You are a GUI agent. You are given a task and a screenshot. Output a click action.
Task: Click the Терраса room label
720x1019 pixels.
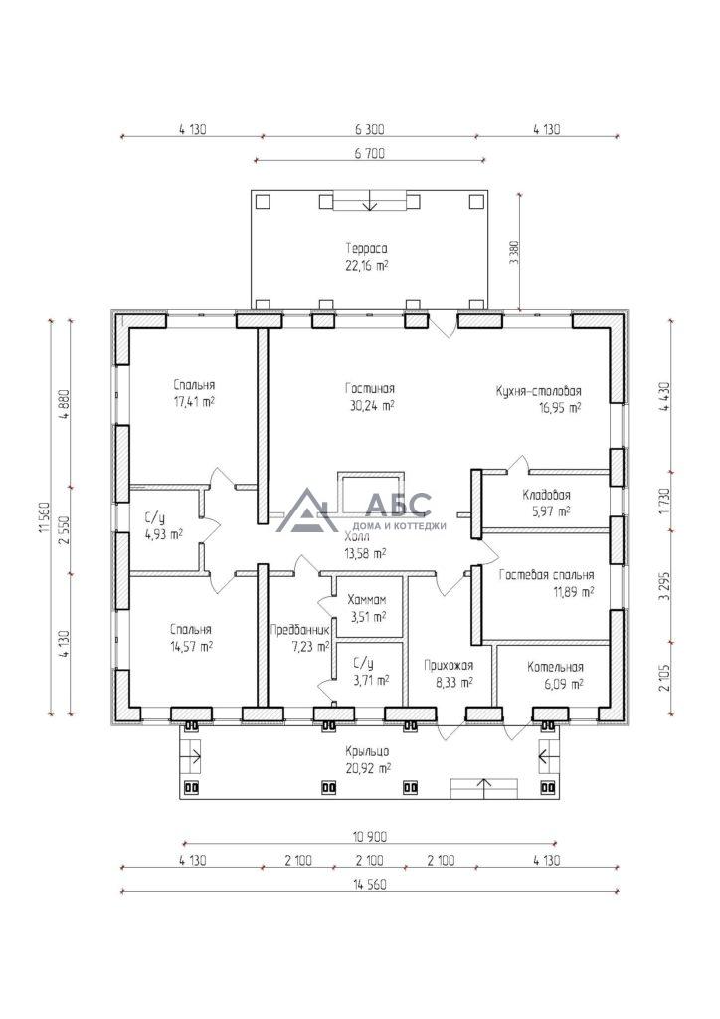(x=366, y=248)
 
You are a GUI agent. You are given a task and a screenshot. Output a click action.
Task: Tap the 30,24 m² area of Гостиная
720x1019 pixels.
(x=369, y=406)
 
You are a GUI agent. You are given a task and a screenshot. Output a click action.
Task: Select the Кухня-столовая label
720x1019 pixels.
(x=538, y=391)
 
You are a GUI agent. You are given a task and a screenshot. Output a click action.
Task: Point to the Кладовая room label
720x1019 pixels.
(x=547, y=496)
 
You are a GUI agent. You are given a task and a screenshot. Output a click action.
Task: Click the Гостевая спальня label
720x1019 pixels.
(x=547, y=575)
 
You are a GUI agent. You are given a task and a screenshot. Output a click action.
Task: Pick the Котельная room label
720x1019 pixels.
(x=555, y=667)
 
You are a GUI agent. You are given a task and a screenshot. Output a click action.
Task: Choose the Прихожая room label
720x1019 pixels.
(x=449, y=665)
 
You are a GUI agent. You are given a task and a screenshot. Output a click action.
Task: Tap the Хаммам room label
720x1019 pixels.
(x=367, y=600)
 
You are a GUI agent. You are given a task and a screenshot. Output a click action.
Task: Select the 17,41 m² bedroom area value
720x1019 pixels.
(x=194, y=402)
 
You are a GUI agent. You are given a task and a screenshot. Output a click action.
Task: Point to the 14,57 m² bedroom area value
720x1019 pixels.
(x=192, y=647)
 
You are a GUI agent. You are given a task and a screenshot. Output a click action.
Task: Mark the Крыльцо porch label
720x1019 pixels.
(x=368, y=751)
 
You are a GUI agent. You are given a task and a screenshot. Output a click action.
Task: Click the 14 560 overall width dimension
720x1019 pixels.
(x=369, y=885)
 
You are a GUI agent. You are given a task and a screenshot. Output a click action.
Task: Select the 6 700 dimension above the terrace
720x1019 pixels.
(x=370, y=154)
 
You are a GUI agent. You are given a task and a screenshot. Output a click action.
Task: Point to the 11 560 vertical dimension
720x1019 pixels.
(x=43, y=517)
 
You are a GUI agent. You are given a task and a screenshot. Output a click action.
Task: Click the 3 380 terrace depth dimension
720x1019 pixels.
(x=515, y=253)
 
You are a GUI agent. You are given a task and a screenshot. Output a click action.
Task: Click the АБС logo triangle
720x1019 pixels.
(x=306, y=510)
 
